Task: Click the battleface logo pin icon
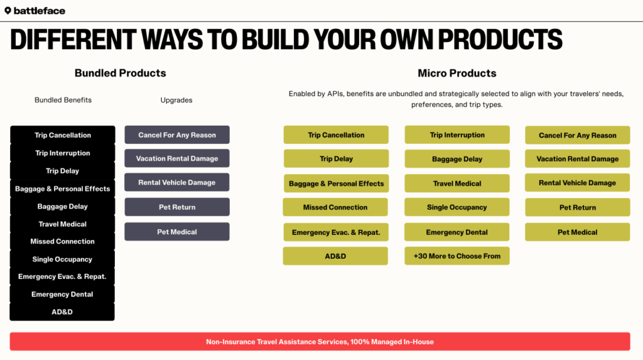tap(8, 11)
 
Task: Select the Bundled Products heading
tap(120, 73)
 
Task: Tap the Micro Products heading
tap(457, 73)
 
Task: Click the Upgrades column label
tap(176, 100)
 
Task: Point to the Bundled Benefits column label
tap(63, 100)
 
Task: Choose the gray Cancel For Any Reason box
tap(177, 134)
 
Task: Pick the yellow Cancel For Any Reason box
tap(578, 135)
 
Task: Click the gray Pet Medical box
tap(177, 231)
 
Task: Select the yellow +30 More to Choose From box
tap(457, 256)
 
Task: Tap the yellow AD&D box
tap(335, 256)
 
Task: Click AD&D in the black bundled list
tap(62, 312)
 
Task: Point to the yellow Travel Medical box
tap(457, 183)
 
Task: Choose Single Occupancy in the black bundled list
tap(62, 259)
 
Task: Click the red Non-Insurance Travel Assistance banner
tap(320, 342)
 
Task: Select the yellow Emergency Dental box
tap(457, 232)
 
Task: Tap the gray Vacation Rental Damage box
tap(177, 158)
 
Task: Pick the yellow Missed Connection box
tap(335, 207)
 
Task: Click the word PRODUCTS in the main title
tap(500, 40)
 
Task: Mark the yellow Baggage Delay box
tap(457, 159)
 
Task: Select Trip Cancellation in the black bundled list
tap(62, 135)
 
